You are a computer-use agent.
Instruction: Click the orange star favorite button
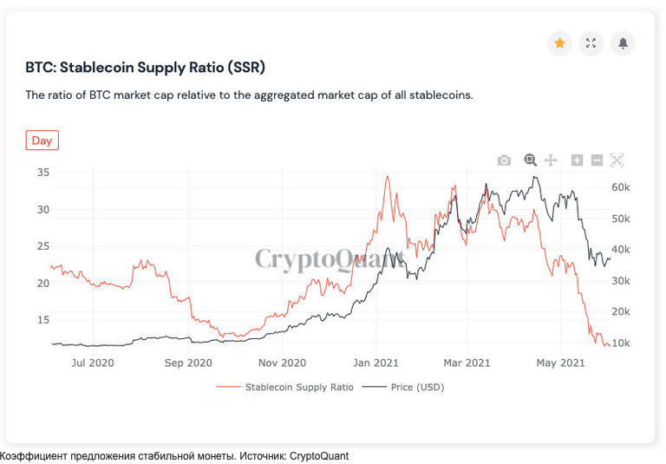click(560, 42)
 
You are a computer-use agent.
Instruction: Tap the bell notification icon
click(623, 42)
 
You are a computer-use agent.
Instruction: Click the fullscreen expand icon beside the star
click(591, 42)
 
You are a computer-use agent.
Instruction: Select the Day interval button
click(42, 141)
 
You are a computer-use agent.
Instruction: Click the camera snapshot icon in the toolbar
click(504, 160)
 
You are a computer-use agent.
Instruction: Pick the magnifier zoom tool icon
click(530, 160)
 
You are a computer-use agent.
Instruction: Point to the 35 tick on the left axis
click(42, 173)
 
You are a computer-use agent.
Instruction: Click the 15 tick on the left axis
click(42, 320)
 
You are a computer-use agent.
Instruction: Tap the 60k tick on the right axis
click(621, 187)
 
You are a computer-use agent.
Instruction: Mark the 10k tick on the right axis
click(621, 343)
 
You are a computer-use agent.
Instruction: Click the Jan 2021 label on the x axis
click(375, 363)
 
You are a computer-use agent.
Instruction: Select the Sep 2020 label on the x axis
click(187, 363)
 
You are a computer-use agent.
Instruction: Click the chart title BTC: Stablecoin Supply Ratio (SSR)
click(145, 67)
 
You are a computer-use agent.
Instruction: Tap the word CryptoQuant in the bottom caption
click(319, 456)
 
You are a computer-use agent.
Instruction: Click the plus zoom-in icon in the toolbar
click(577, 160)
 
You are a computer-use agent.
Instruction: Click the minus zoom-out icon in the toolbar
click(597, 160)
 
